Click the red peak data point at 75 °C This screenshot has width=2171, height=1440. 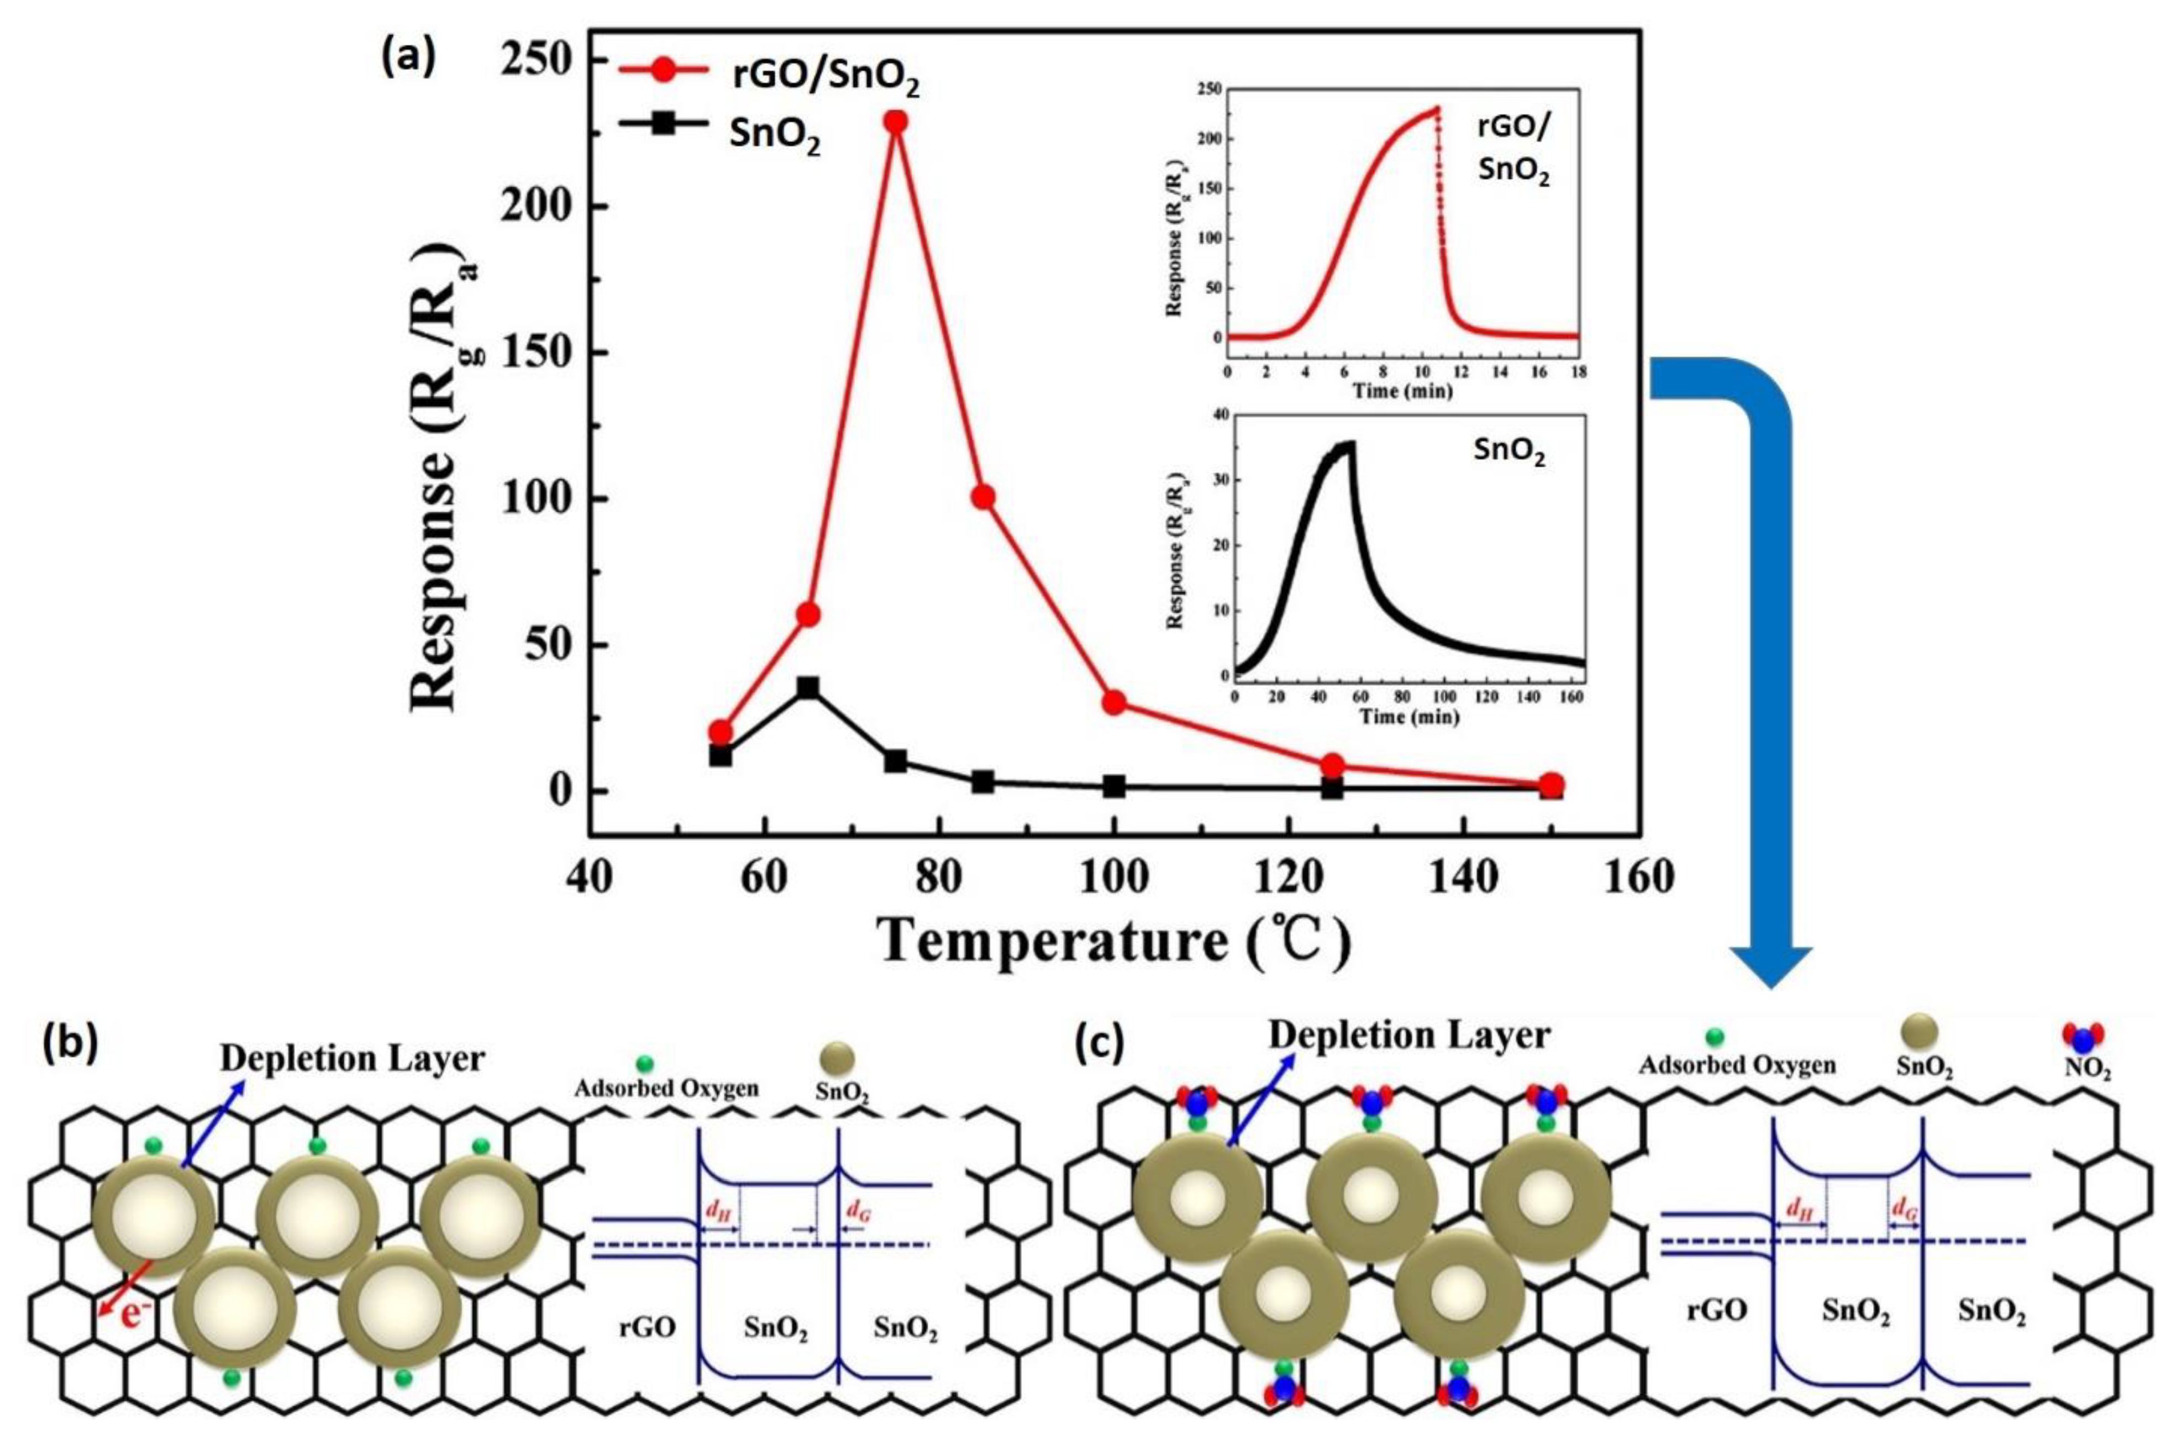895,121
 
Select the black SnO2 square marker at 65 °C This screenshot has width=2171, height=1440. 808,688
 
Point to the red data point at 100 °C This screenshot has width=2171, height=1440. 1114,702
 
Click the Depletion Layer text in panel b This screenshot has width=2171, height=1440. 352,1059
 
